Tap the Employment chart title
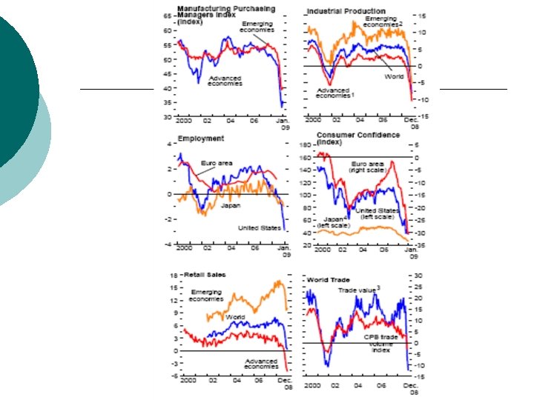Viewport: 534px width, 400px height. [200, 138]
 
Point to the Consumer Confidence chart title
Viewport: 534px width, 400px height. [358, 138]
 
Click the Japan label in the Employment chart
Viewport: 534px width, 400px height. [231, 205]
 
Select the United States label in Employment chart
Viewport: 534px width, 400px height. [259, 227]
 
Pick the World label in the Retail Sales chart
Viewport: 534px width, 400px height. [235, 317]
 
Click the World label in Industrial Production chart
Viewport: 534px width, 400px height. [394, 76]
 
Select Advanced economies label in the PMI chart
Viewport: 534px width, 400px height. [224, 80]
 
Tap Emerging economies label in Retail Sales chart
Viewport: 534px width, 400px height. [205, 295]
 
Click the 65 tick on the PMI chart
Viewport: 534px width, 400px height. [168, 13]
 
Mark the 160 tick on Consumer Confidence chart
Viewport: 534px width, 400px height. [304, 157]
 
